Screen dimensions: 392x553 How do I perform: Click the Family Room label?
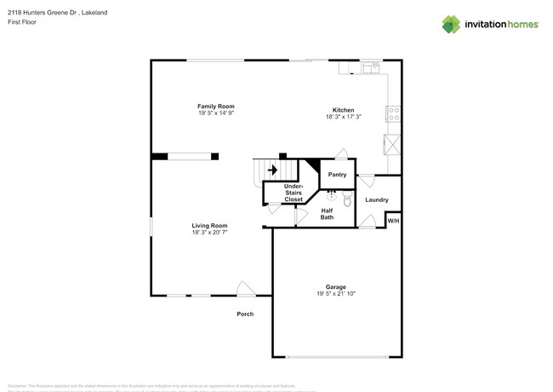216,107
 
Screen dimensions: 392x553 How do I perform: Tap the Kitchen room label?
343,110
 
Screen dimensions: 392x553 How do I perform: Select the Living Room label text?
209,226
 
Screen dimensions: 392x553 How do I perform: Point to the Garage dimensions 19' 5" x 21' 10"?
335,294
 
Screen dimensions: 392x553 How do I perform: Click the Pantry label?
337,175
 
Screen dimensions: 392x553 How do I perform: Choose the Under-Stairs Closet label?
293,193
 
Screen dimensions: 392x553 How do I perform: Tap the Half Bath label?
327,214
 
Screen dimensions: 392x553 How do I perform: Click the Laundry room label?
377,200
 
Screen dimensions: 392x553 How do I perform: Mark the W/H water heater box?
393,221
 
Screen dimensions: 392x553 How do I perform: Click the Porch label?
245,314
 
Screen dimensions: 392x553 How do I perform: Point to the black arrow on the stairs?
272,170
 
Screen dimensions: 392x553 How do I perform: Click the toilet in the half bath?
347,201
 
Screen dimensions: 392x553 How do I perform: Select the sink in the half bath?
332,195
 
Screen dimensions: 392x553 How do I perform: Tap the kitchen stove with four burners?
394,114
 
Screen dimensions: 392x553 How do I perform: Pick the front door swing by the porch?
246,289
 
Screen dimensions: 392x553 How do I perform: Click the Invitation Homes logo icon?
451,24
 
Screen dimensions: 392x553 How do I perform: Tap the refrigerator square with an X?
392,144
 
